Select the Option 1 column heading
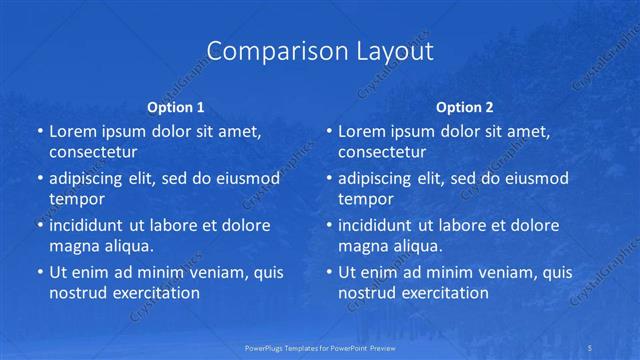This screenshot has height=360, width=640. click(176, 106)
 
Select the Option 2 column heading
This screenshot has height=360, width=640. click(465, 106)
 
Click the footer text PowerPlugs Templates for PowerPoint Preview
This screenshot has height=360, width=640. click(320, 347)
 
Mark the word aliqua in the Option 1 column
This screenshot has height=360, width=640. click(129, 246)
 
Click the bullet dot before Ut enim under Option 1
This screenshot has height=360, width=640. click(39, 272)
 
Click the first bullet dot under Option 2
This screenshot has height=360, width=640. click(329, 131)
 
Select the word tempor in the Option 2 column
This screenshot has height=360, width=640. click(363, 199)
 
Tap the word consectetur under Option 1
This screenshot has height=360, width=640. click(93, 152)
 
